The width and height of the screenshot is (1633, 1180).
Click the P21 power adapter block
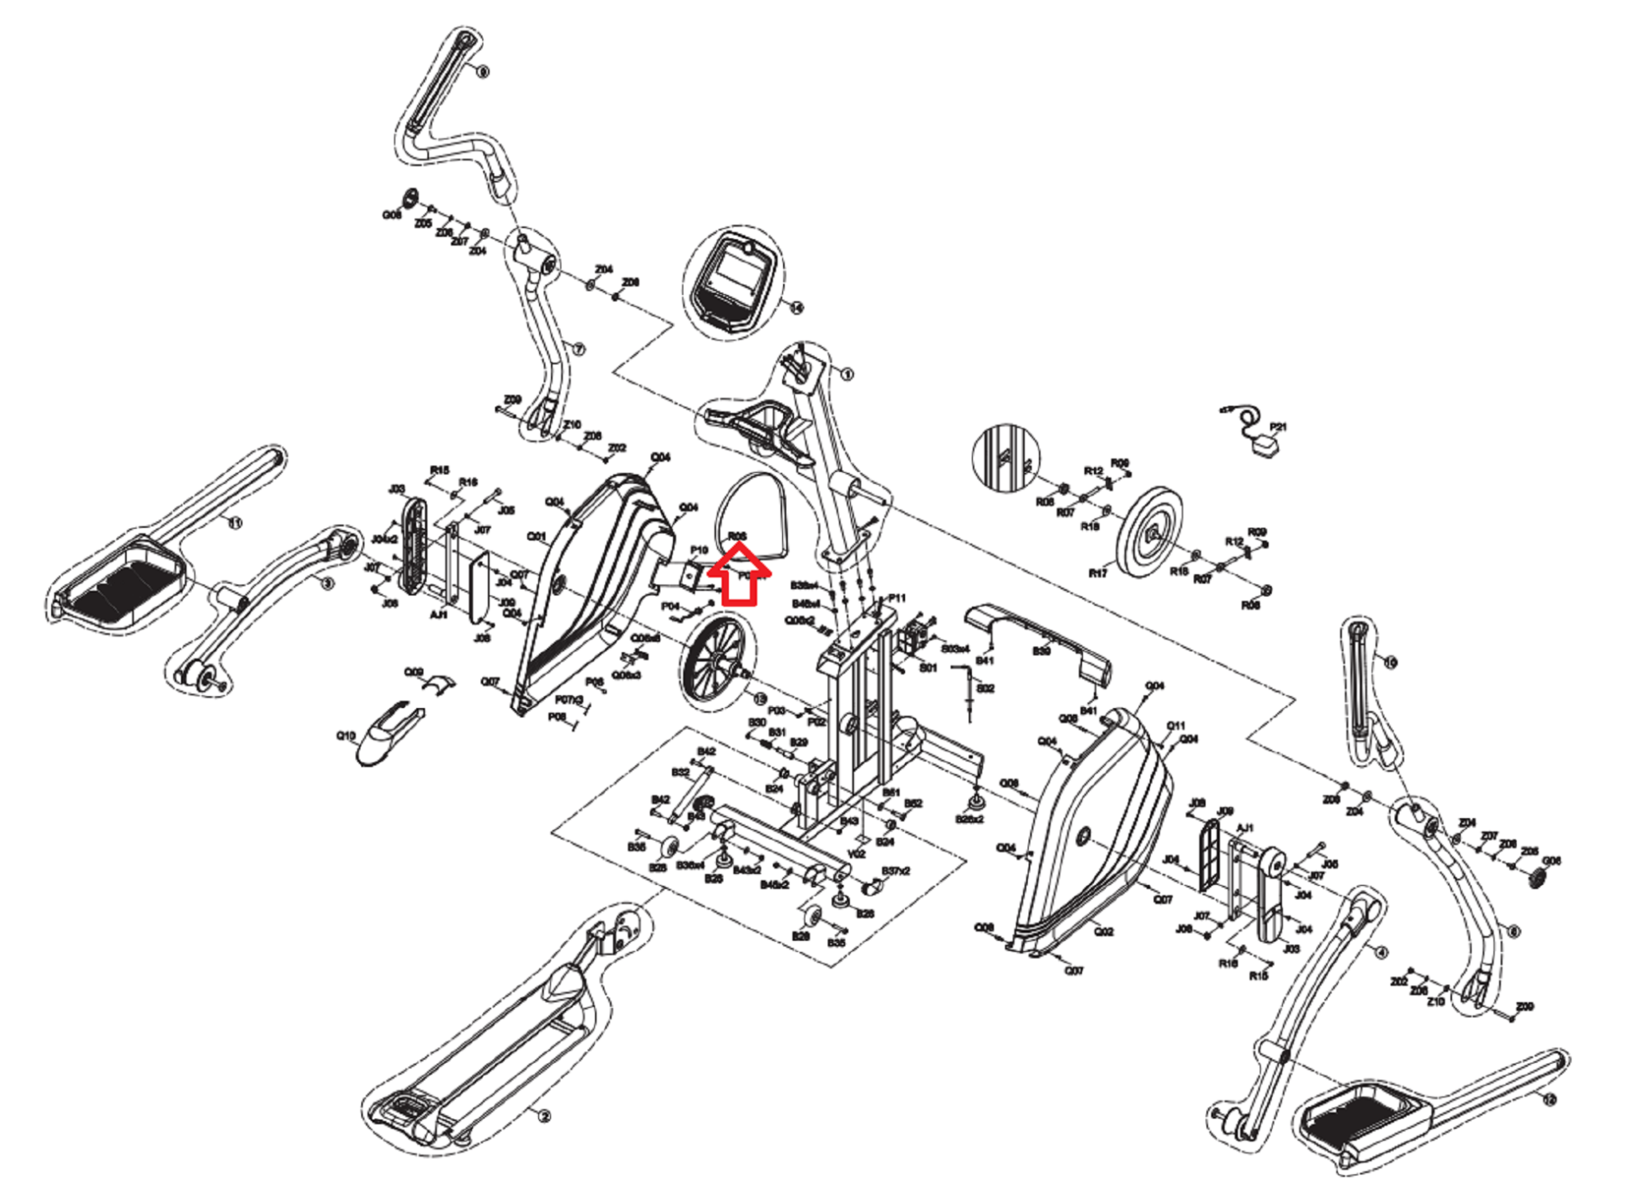(x=1265, y=449)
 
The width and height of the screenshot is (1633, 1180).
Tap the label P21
(x=1278, y=427)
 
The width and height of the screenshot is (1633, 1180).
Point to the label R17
(x=1098, y=573)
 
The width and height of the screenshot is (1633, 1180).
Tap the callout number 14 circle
(x=796, y=308)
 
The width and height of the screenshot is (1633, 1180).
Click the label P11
(x=897, y=598)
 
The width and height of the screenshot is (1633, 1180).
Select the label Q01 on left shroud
(x=537, y=537)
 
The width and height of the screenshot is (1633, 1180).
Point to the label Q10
(x=345, y=736)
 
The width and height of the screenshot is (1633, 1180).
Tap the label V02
(x=856, y=854)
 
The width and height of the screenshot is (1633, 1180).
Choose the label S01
(x=928, y=668)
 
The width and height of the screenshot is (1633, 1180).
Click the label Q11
(x=1175, y=726)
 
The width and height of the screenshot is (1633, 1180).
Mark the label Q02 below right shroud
(x=1104, y=931)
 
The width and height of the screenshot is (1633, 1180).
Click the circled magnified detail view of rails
(x=1006, y=458)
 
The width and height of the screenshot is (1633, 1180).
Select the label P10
(x=698, y=550)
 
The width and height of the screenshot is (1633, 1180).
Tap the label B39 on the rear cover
(x=1041, y=651)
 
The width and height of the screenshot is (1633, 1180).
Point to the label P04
(x=670, y=607)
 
